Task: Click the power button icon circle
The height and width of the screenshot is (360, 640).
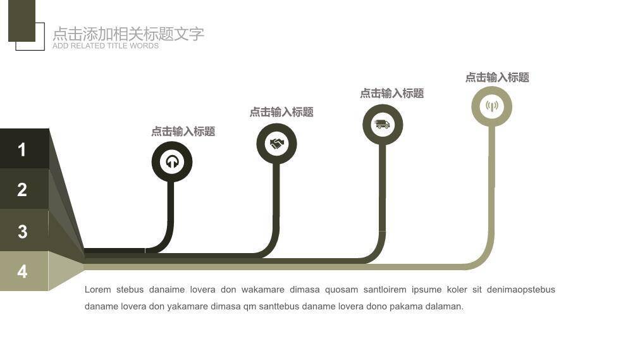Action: click(172, 162)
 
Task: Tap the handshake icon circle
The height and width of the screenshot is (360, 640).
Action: click(276, 144)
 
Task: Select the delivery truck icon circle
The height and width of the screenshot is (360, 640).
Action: click(383, 125)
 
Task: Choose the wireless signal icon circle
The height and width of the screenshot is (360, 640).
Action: click(491, 106)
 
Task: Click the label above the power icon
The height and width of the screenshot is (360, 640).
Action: click(183, 132)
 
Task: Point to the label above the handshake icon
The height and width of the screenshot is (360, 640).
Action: click(281, 112)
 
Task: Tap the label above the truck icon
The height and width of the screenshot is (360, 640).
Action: click(392, 93)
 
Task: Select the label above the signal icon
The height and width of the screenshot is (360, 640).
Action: click(497, 77)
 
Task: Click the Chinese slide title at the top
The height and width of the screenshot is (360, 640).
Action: click(128, 34)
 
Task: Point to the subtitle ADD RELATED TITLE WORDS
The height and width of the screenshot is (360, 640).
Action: click(106, 46)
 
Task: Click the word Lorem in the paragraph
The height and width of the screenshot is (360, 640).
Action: click(98, 290)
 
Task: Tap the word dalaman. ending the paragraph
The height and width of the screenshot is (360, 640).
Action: click(445, 306)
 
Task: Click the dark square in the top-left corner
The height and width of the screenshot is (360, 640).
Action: click(22, 20)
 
